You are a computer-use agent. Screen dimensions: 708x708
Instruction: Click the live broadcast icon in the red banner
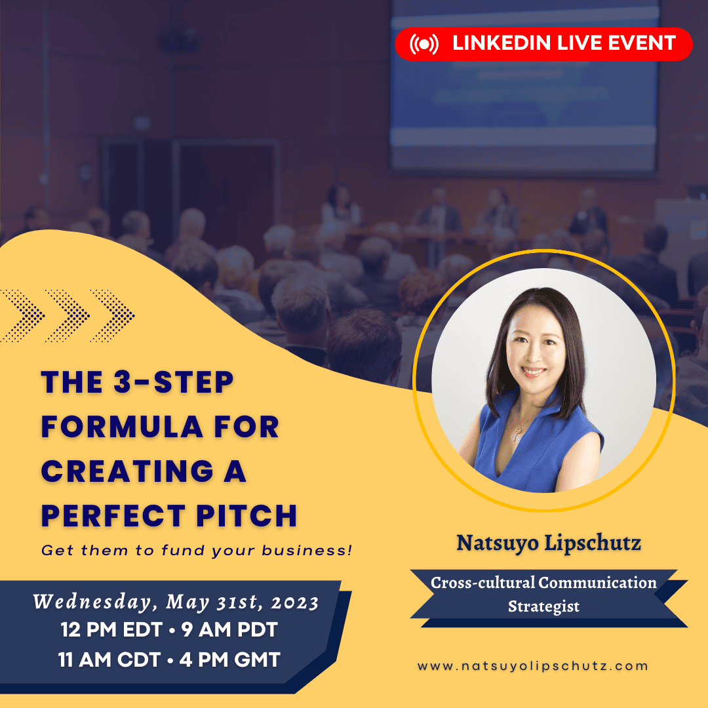click(423, 44)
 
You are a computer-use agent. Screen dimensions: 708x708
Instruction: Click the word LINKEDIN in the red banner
click(501, 43)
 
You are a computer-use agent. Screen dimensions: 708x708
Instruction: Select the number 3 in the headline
click(123, 382)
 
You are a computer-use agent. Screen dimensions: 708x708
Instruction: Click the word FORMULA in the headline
click(122, 427)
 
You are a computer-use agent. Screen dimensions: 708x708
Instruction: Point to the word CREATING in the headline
click(127, 471)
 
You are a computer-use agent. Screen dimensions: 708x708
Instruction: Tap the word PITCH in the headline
click(246, 515)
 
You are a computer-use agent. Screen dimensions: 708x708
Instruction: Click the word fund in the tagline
click(184, 550)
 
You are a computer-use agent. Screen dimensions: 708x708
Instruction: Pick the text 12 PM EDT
click(111, 630)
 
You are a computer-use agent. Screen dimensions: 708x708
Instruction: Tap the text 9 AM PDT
click(229, 630)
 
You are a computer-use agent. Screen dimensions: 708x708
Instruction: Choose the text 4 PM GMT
click(230, 659)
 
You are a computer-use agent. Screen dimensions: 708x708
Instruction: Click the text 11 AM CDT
click(109, 659)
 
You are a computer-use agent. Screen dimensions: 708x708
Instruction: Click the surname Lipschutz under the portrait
click(593, 543)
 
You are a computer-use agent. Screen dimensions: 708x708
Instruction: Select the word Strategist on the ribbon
click(543, 606)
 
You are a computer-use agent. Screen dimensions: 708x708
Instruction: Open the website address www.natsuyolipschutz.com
click(533, 665)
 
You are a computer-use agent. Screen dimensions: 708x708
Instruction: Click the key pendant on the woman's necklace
click(515, 435)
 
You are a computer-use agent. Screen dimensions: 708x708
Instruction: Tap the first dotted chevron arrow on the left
click(22, 315)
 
